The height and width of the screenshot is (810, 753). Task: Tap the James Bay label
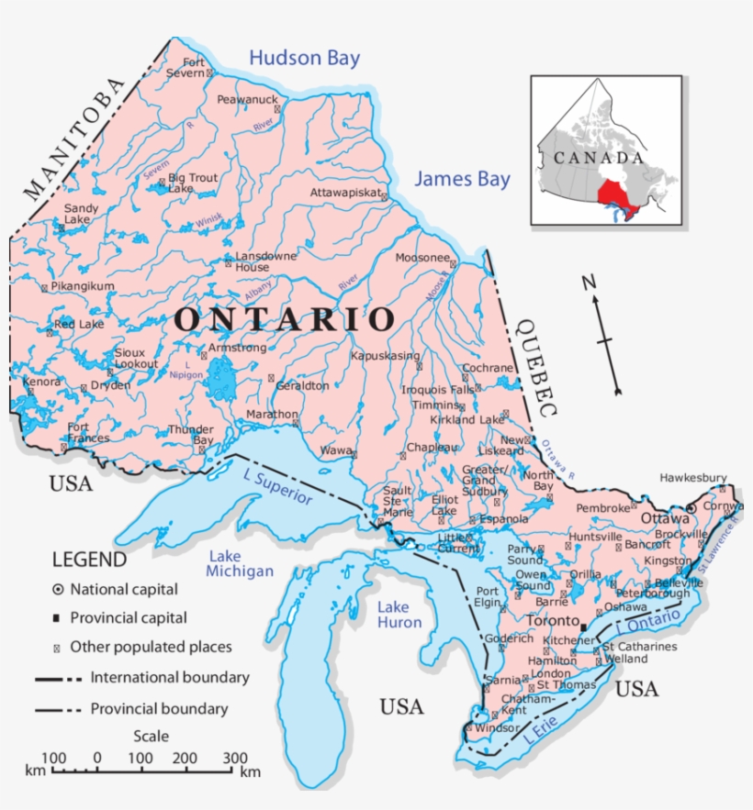[461, 179]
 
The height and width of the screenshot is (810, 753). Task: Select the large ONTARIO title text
[285, 319]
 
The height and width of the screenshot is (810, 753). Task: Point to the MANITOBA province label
[73, 139]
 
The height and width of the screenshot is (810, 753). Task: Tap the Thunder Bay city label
[190, 435]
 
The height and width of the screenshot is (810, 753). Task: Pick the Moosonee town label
[421, 258]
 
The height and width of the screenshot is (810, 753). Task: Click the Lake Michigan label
[240, 563]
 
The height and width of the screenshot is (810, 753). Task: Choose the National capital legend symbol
[57, 589]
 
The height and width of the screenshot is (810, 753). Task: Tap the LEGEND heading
[89, 560]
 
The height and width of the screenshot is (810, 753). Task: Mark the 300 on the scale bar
[235, 758]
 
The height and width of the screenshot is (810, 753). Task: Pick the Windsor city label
[497, 727]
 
